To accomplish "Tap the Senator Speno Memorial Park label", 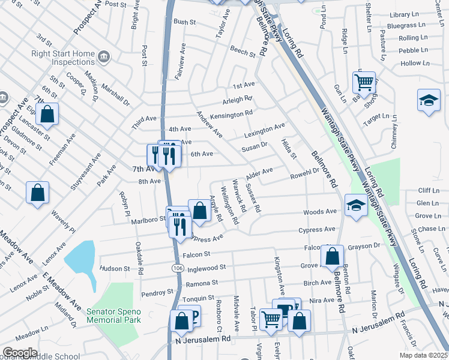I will pyautogui.click(x=113, y=316).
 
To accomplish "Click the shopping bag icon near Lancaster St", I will pyautogui.click(x=47, y=114).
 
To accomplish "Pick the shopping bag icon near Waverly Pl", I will pyautogui.click(x=37, y=193).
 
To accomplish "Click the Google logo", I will pyautogui.click(x=20, y=353).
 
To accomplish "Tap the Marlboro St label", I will pyautogui.click(x=148, y=220).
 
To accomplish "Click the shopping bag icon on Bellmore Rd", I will pyautogui.click(x=332, y=256).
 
